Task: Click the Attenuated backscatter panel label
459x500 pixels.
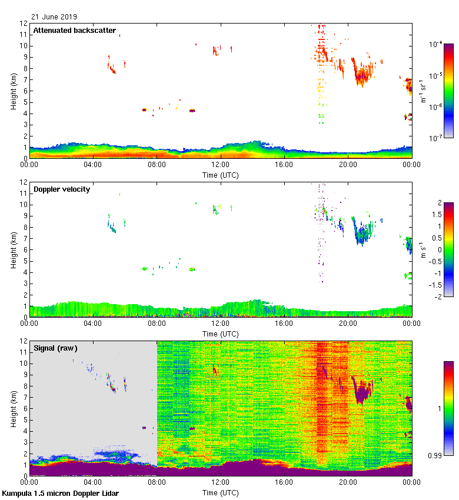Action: [74, 30]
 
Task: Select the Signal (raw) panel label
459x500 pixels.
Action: [55, 348]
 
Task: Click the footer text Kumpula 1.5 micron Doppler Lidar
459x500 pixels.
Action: [60, 493]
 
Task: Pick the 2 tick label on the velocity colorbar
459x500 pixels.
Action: [438, 203]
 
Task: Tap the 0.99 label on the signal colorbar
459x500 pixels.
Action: [437, 455]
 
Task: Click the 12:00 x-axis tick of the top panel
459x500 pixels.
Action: [221, 165]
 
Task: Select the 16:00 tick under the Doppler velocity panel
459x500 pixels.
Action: [284, 324]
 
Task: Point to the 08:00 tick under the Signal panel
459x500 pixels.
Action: [157, 483]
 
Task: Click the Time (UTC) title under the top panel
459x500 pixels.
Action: [221, 175]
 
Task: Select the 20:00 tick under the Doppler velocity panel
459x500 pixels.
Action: [348, 324]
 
